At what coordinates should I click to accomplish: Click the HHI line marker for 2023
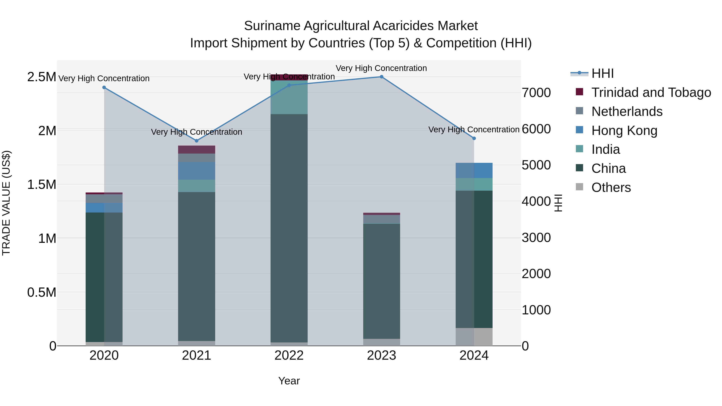pos(381,77)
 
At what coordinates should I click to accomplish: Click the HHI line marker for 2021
pos(197,141)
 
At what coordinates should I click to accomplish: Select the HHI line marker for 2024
pos(474,138)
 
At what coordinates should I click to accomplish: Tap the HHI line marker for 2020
pos(104,87)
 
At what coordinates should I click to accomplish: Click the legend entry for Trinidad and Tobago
pos(651,92)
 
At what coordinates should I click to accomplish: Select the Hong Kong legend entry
pos(624,130)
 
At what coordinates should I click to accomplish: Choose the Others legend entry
pos(611,187)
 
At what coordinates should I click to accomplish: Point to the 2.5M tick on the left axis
pos(42,77)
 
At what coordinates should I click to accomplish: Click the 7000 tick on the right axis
pos(536,93)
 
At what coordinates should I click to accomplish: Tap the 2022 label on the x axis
pos(289,355)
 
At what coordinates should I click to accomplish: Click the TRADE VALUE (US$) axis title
pos(6,203)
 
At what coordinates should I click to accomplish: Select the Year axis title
pos(289,381)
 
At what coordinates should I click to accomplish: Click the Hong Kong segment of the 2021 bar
pos(197,171)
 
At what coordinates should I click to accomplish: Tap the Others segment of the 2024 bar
pos(474,337)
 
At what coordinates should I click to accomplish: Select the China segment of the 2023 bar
pos(381,281)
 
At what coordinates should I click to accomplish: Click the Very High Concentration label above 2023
pos(381,68)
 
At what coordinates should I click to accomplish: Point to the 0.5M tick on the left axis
pos(42,293)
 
